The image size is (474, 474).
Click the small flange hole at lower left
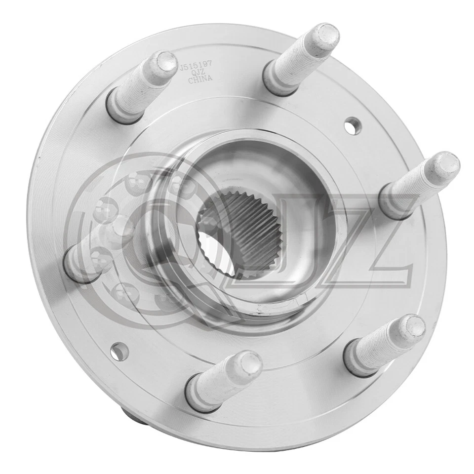pyautogui.click(x=118, y=350)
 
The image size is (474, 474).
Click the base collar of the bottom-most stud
pyautogui.click(x=200, y=395)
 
